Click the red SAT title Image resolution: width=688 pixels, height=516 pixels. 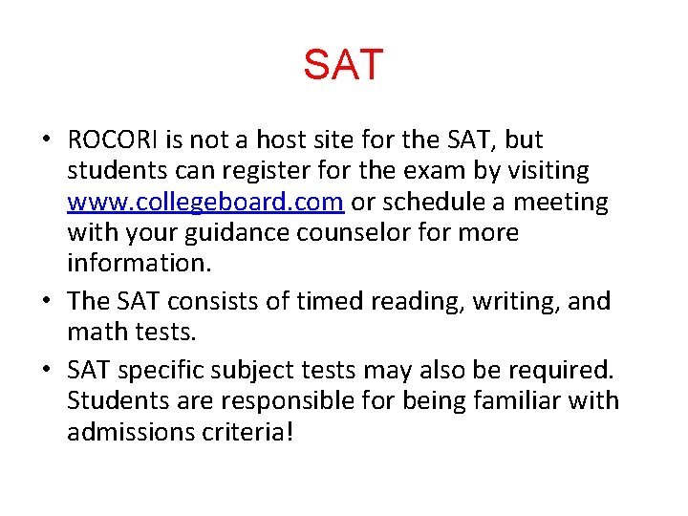pos(343,65)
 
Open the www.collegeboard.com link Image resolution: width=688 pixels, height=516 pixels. pos(205,203)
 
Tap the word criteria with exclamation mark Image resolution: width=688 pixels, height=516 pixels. pos(247,432)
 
